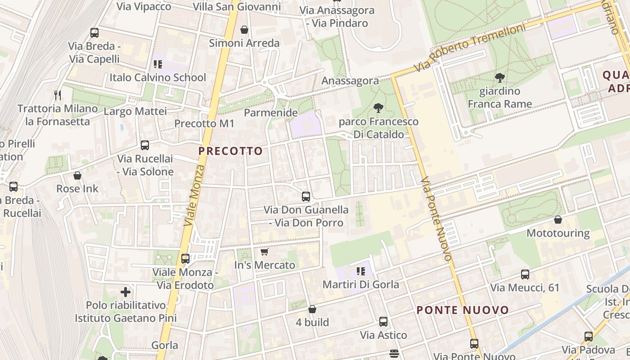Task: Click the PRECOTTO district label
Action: point(230,151)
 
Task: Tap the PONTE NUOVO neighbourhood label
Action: point(463,310)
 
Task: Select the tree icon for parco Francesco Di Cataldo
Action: point(378,108)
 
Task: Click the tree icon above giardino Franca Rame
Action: point(499,77)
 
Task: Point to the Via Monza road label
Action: point(194,196)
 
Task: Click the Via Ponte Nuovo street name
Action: point(436,219)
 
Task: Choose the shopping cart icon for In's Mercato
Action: point(264,252)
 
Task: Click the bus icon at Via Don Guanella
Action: point(306,196)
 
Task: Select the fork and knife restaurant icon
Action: point(57,95)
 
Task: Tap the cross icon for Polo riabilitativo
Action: point(126,292)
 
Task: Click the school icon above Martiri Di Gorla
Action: point(360,271)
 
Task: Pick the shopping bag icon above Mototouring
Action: point(558,220)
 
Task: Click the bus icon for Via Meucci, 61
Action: point(525,274)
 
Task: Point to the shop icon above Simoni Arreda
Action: point(244,30)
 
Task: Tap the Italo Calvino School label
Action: point(157,77)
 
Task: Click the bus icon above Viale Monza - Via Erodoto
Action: point(185,259)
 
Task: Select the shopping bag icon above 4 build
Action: point(312,309)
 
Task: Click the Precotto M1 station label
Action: point(204,123)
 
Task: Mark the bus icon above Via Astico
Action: point(383,322)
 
